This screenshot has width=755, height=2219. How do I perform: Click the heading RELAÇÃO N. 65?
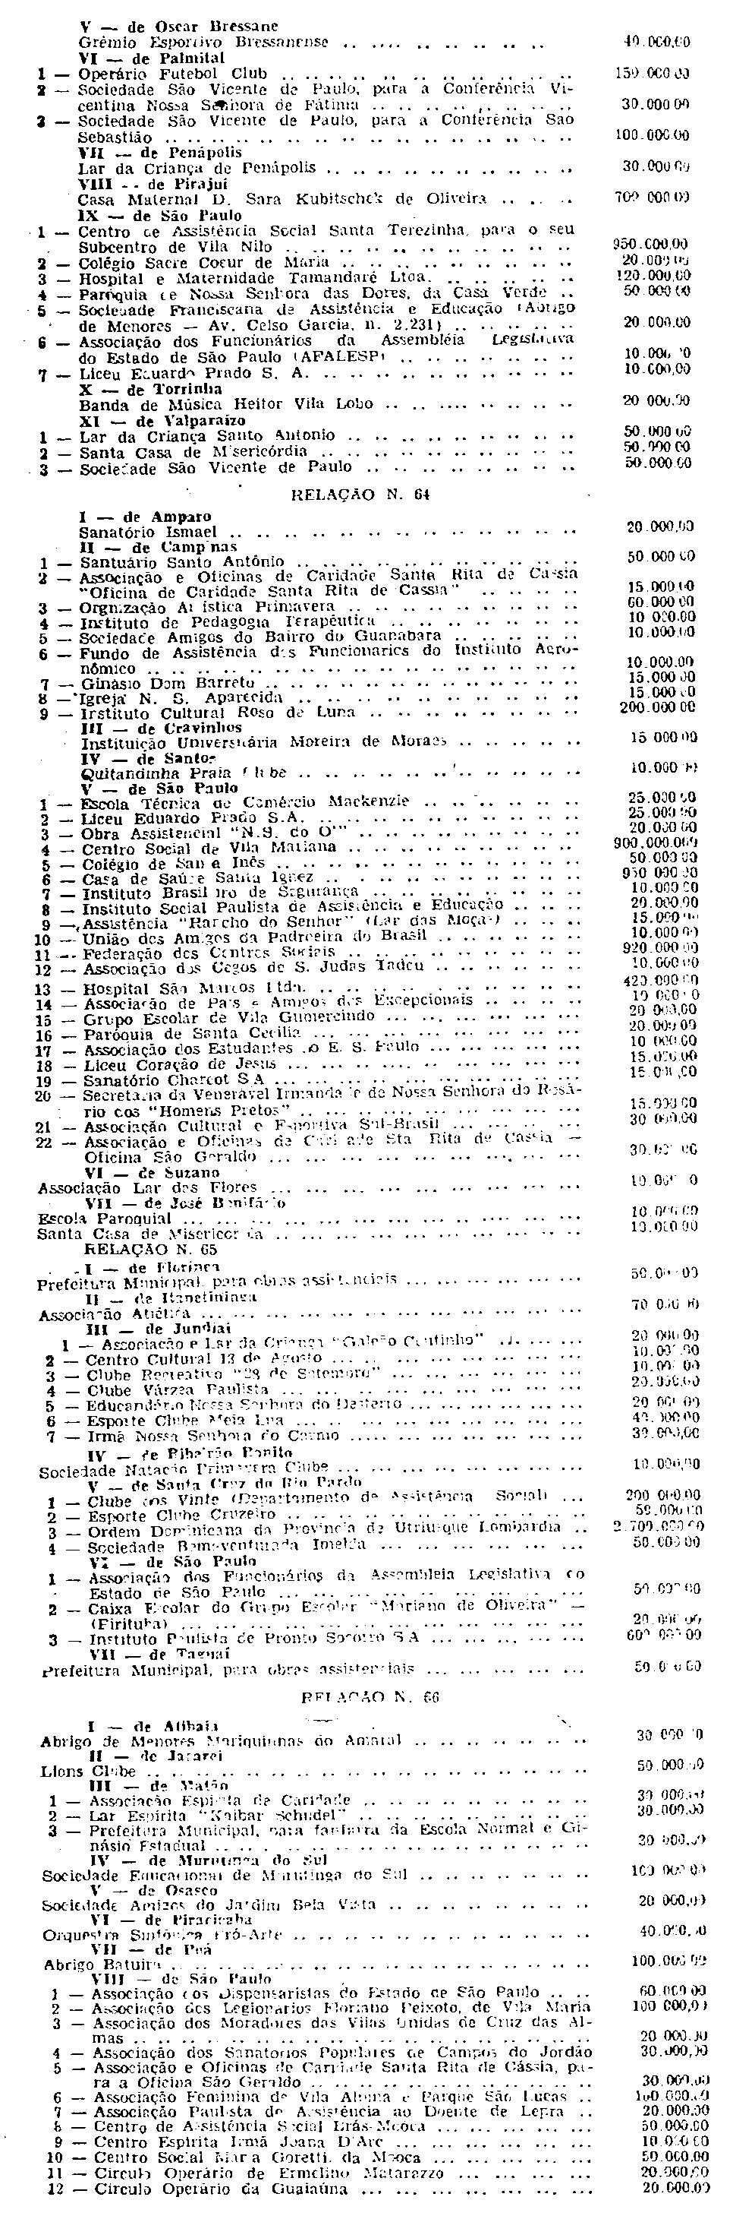click(x=151, y=1248)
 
